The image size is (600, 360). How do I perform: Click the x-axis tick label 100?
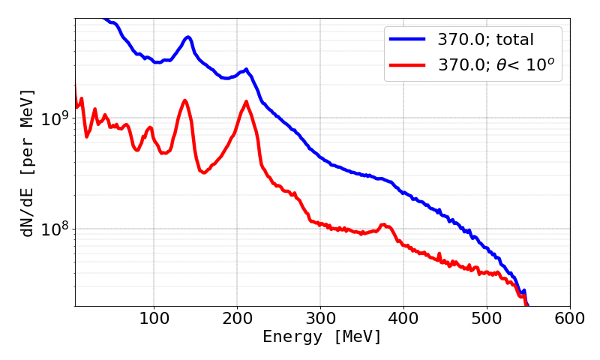click(x=154, y=318)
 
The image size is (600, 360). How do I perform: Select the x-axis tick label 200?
click(x=237, y=318)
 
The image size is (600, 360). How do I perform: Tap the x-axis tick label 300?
click(x=320, y=318)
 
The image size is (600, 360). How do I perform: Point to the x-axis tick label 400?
click(x=403, y=318)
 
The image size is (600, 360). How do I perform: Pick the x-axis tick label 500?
click(x=487, y=318)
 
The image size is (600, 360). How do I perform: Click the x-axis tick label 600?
click(x=570, y=318)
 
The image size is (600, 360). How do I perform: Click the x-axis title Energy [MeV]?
click(x=322, y=337)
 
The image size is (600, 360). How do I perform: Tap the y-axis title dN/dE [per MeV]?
click(x=28, y=163)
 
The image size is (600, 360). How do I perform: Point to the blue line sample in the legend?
click(x=408, y=38)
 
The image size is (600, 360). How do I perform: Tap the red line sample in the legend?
click(x=408, y=65)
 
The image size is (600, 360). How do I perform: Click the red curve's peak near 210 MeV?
click(x=246, y=101)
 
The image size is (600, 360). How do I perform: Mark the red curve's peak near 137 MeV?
click(x=184, y=100)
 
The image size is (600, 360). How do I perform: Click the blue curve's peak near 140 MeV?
click(x=187, y=37)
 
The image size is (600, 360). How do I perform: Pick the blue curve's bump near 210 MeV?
click(x=245, y=70)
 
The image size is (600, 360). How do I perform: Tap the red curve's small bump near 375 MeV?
click(x=384, y=224)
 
